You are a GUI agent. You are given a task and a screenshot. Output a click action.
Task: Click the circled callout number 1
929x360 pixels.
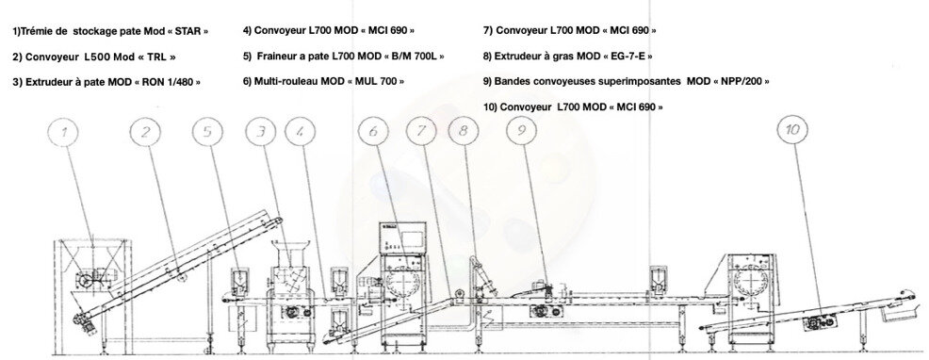(64, 133)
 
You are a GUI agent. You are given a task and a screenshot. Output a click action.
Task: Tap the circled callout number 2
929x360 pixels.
(146, 132)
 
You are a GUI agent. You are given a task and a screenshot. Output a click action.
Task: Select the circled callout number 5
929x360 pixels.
(208, 132)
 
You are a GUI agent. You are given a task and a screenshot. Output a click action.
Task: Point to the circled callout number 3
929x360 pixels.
(261, 132)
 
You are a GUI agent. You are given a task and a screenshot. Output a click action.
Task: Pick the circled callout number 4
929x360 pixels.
(301, 132)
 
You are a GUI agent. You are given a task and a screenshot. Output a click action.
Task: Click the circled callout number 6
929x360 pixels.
(373, 131)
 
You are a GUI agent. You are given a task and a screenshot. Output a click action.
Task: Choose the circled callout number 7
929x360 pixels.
(422, 131)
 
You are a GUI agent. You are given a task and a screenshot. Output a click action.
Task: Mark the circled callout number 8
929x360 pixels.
(464, 130)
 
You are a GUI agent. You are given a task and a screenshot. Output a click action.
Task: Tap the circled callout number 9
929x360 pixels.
(521, 130)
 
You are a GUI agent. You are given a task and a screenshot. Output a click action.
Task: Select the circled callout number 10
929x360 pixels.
(792, 130)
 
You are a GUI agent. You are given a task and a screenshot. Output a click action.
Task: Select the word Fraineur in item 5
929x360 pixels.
(277, 57)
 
